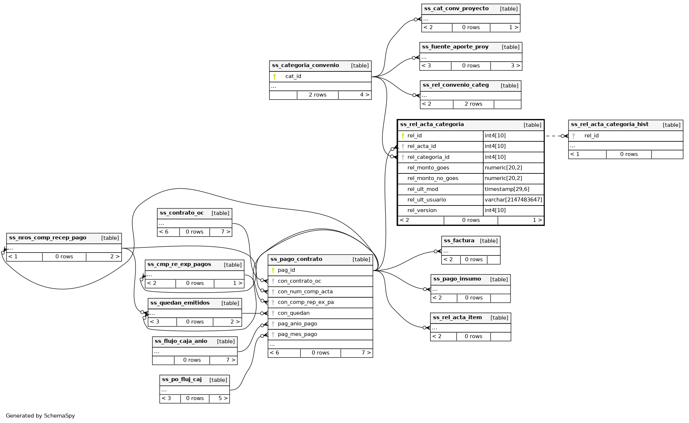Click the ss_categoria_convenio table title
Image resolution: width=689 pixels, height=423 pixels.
pyautogui.click(x=305, y=66)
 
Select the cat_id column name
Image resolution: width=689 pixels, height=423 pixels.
pyautogui.click(x=293, y=77)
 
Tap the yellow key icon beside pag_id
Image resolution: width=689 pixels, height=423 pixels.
pyautogui.click(x=273, y=270)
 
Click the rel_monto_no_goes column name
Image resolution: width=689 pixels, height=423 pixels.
pyautogui.click(x=433, y=179)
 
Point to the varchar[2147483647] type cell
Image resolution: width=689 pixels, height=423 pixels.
pyautogui.click(x=513, y=200)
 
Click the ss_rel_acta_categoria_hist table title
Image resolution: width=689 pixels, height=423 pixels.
pyautogui.click(x=609, y=125)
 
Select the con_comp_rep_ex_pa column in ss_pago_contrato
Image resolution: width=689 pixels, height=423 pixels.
pyautogui.click(x=306, y=302)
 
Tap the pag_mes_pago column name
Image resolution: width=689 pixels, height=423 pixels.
pyautogui.click(x=297, y=334)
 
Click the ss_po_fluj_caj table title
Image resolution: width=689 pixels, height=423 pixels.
pyautogui.click(x=182, y=380)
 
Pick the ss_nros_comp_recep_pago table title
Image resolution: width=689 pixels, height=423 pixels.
pyautogui.click(x=48, y=238)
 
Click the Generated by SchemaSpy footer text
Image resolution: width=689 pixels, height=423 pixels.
pyautogui.click(x=40, y=416)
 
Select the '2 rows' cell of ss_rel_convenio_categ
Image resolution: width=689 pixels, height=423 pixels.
pyautogui.click(x=473, y=104)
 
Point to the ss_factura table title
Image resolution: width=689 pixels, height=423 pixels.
pyautogui.click(x=459, y=241)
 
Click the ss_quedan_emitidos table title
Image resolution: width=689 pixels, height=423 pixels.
pyautogui.click(x=180, y=303)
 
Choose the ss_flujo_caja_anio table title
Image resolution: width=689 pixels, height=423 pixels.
pyautogui.click(x=181, y=341)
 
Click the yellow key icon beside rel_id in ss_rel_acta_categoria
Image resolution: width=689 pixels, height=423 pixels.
pyautogui.click(x=403, y=136)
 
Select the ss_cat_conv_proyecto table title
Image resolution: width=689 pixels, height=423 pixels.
pyautogui.click(x=456, y=9)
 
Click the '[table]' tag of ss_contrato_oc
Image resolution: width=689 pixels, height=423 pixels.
pyautogui.click(x=220, y=213)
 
